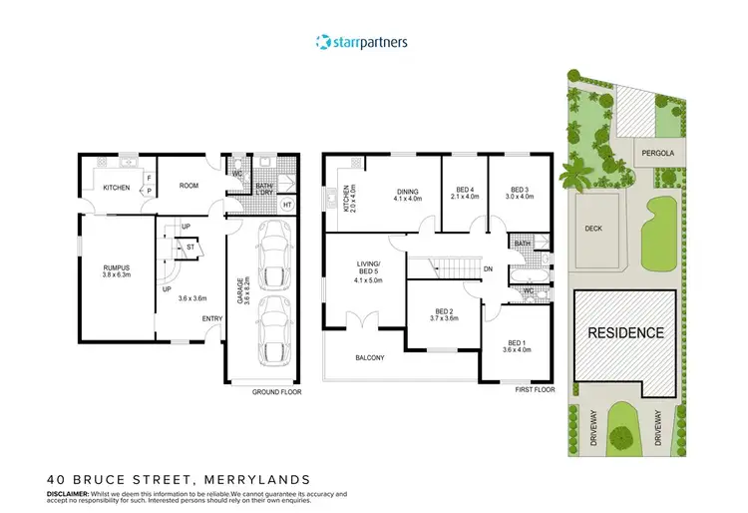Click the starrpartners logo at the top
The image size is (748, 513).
click(x=360, y=42)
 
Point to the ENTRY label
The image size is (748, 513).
click(x=211, y=318)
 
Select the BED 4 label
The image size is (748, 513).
click(x=463, y=192)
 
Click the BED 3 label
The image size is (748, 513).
click(x=520, y=192)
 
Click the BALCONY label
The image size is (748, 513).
click(x=369, y=357)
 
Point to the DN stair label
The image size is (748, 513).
click(x=488, y=269)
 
